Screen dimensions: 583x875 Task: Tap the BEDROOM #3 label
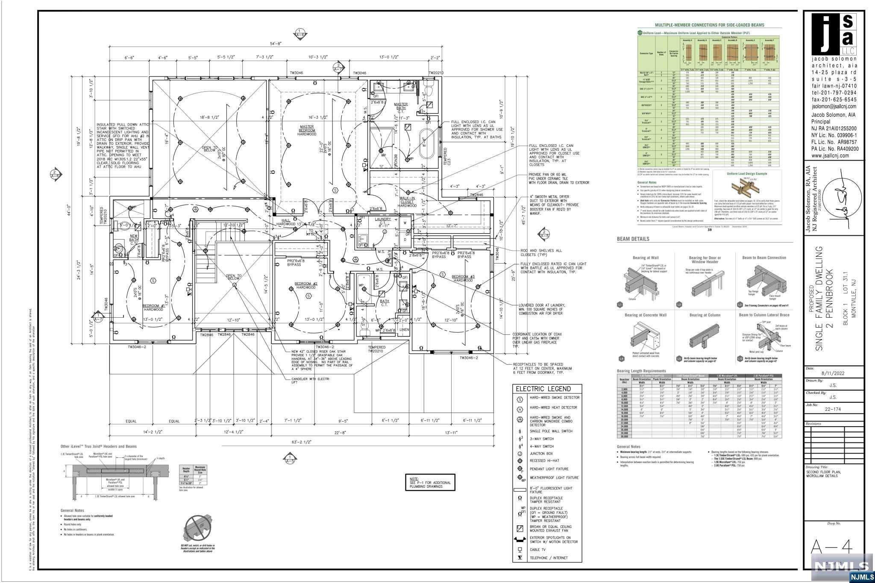pos(463,278)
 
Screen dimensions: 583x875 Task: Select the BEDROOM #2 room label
pos(306,285)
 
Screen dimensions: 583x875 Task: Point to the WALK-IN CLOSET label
pos(407,202)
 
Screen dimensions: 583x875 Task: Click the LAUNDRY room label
pos(382,221)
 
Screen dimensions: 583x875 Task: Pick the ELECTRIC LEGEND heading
pos(543,389)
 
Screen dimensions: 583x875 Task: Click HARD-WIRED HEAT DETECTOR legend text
pos(553,407)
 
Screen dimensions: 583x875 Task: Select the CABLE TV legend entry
pos(537,550)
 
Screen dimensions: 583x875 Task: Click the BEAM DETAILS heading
pos(633,239)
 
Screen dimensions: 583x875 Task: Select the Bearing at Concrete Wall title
pos(645,315)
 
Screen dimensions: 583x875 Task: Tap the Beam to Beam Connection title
pos(764,258)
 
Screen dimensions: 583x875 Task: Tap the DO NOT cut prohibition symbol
pos(197,528)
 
